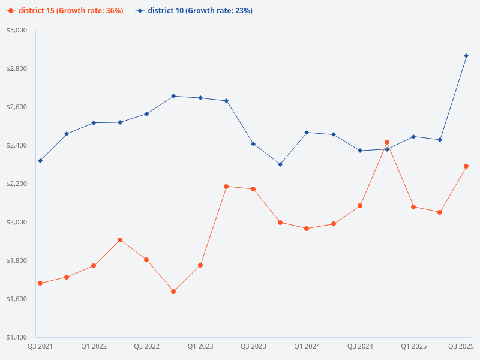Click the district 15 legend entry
tap(66, 11)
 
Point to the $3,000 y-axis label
tap(17, 30)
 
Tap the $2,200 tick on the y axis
tap(17, 184)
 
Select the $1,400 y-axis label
tap(17, 337)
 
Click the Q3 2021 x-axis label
tap(40, 346)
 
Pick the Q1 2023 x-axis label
tap(200, 346)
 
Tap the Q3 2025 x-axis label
tap(461, 346)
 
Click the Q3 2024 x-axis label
tap(361, 346)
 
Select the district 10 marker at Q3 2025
tap(466, 56)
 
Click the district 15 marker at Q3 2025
tap(466, 166)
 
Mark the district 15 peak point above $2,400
tap(387, 142)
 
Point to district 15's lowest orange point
tap(173, 292)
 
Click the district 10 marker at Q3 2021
tap(40, 161)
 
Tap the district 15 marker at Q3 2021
tap(40, 283)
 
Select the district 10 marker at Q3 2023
tap(253, 144)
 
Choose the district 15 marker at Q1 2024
tap(307, 229)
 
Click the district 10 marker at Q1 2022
tap(94, 123)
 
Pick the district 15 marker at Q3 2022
tap(146, 260)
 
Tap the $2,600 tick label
tap(17, 107)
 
